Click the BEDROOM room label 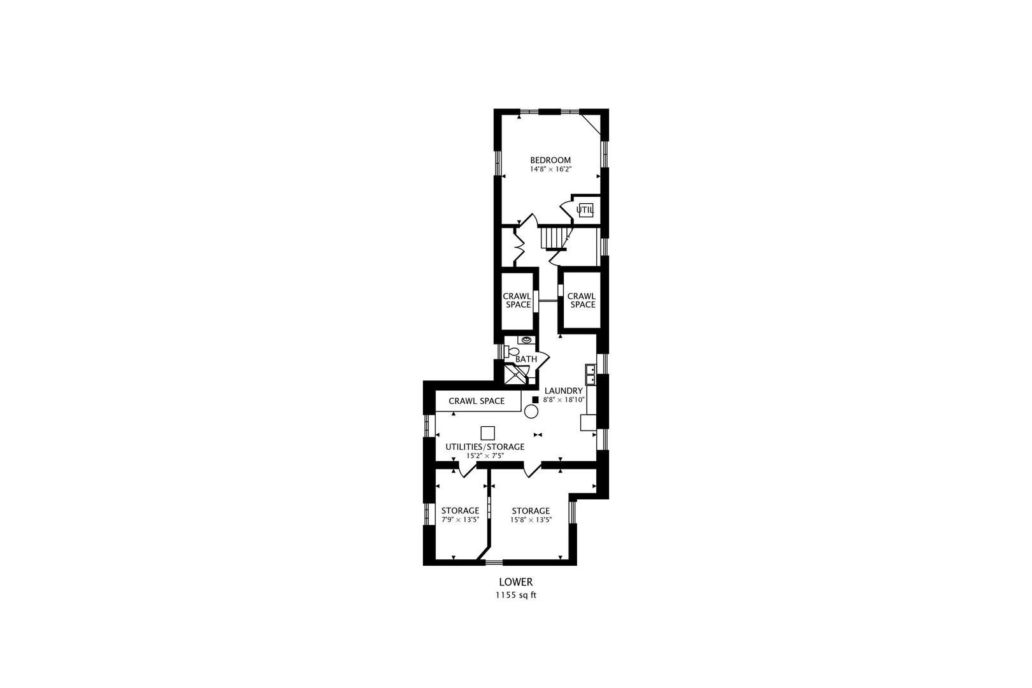click(x=550, y=160)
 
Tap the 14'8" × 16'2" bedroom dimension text click(x=550, y=170)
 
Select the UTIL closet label click(x=585, y=210)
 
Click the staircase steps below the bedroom click(x=552, y=238)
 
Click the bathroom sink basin click(x=526, y=340)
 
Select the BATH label click(x=526, y=359)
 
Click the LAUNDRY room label click(x=564, y=391)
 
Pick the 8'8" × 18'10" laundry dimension click(x=564, y=400)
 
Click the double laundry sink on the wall click(x=591, y=374)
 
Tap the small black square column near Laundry click(x=535, y=400)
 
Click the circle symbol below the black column click(x=531, y=412)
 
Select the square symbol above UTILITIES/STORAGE click(x=488, y=433)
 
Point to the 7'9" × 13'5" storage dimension click(x=460, y=520)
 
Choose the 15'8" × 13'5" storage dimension click(x=531, y=520)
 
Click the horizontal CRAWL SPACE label click(x=477, y=401)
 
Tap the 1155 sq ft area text click(x=516, y=595)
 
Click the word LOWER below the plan click(x=516, y=582)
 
